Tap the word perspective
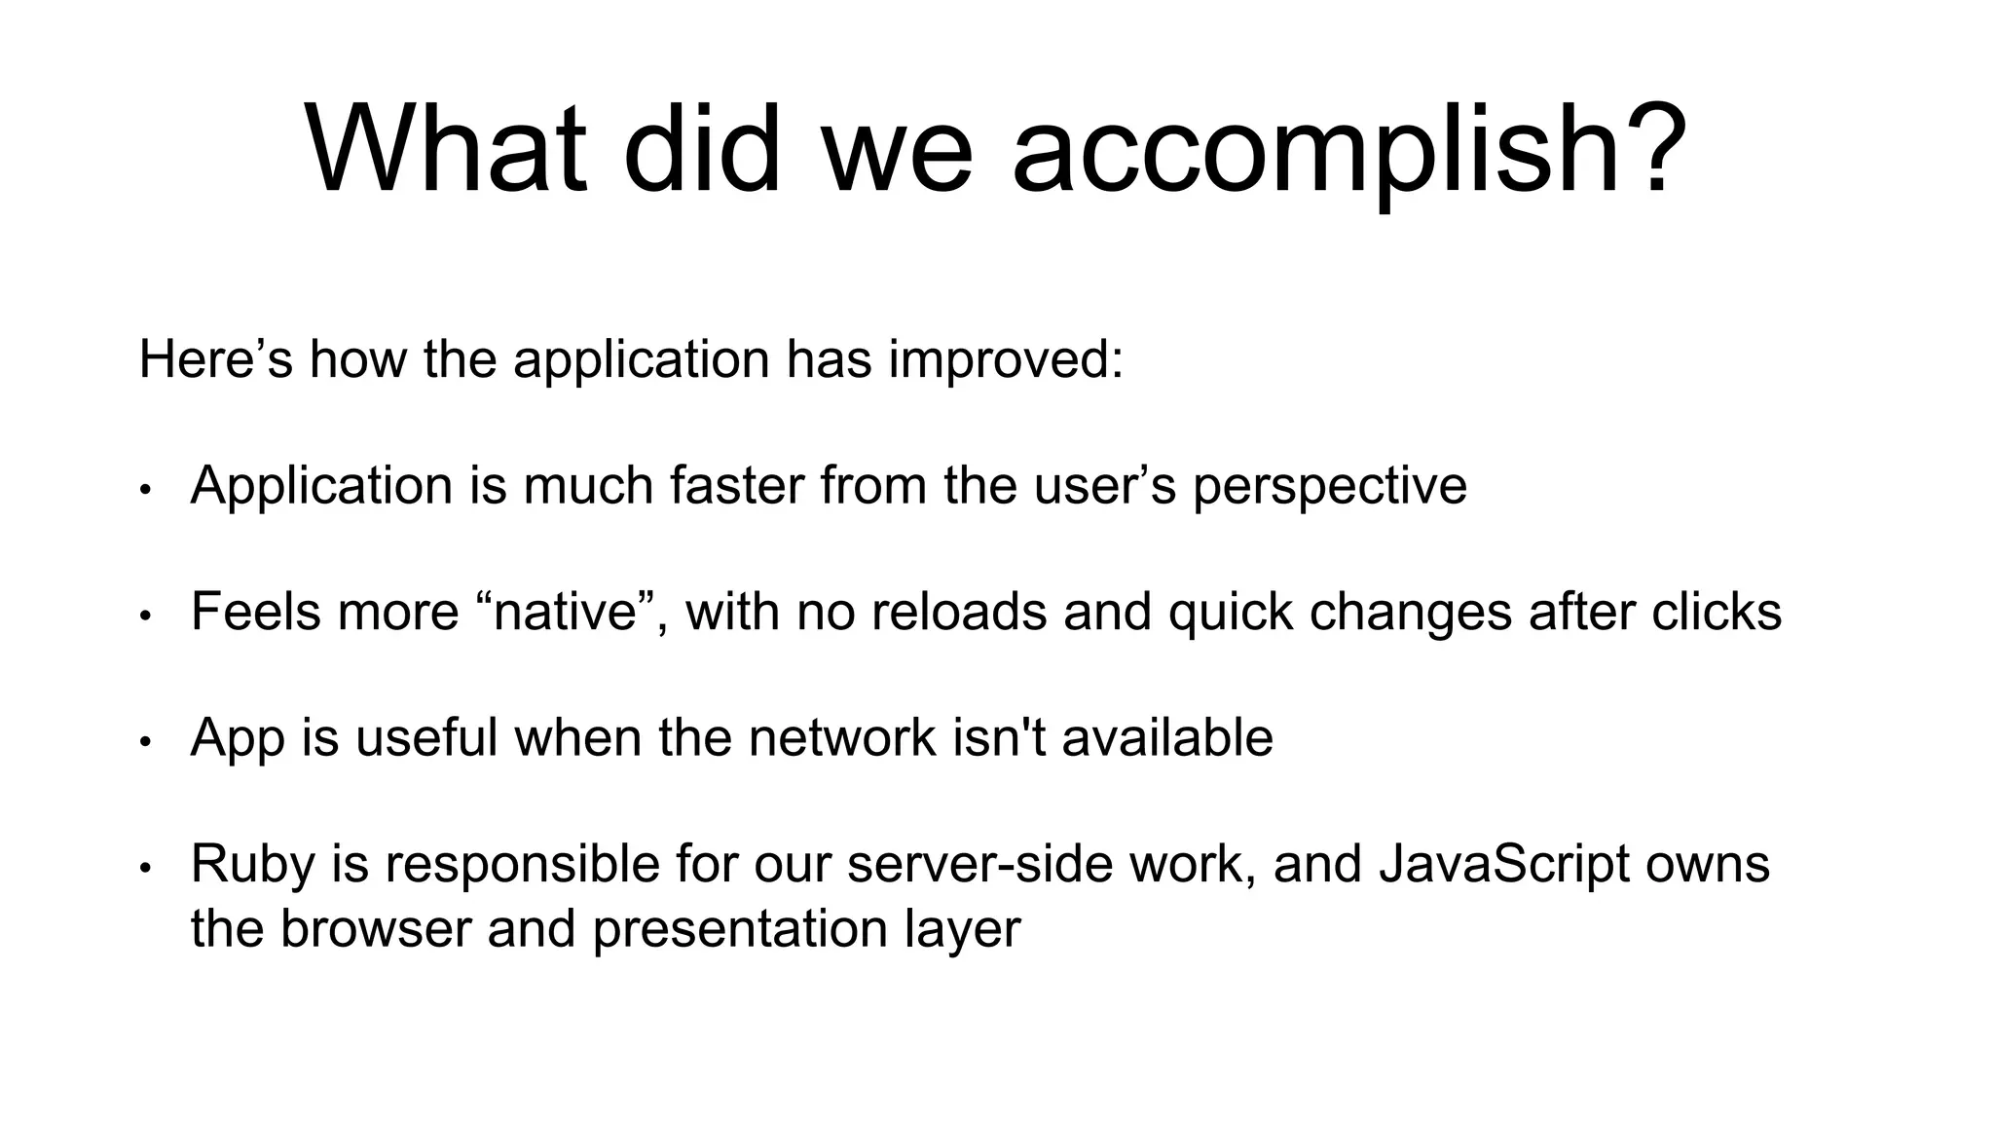click(x=1329, y=487)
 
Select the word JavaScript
click(x=1503, y=865)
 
